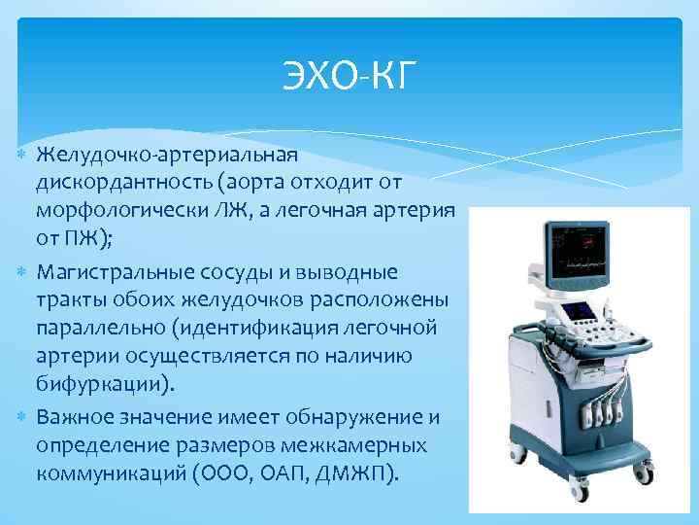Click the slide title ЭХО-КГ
tap(349, 75)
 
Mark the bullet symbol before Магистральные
tap(22, 267)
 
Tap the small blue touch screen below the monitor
tap(583, 312)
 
